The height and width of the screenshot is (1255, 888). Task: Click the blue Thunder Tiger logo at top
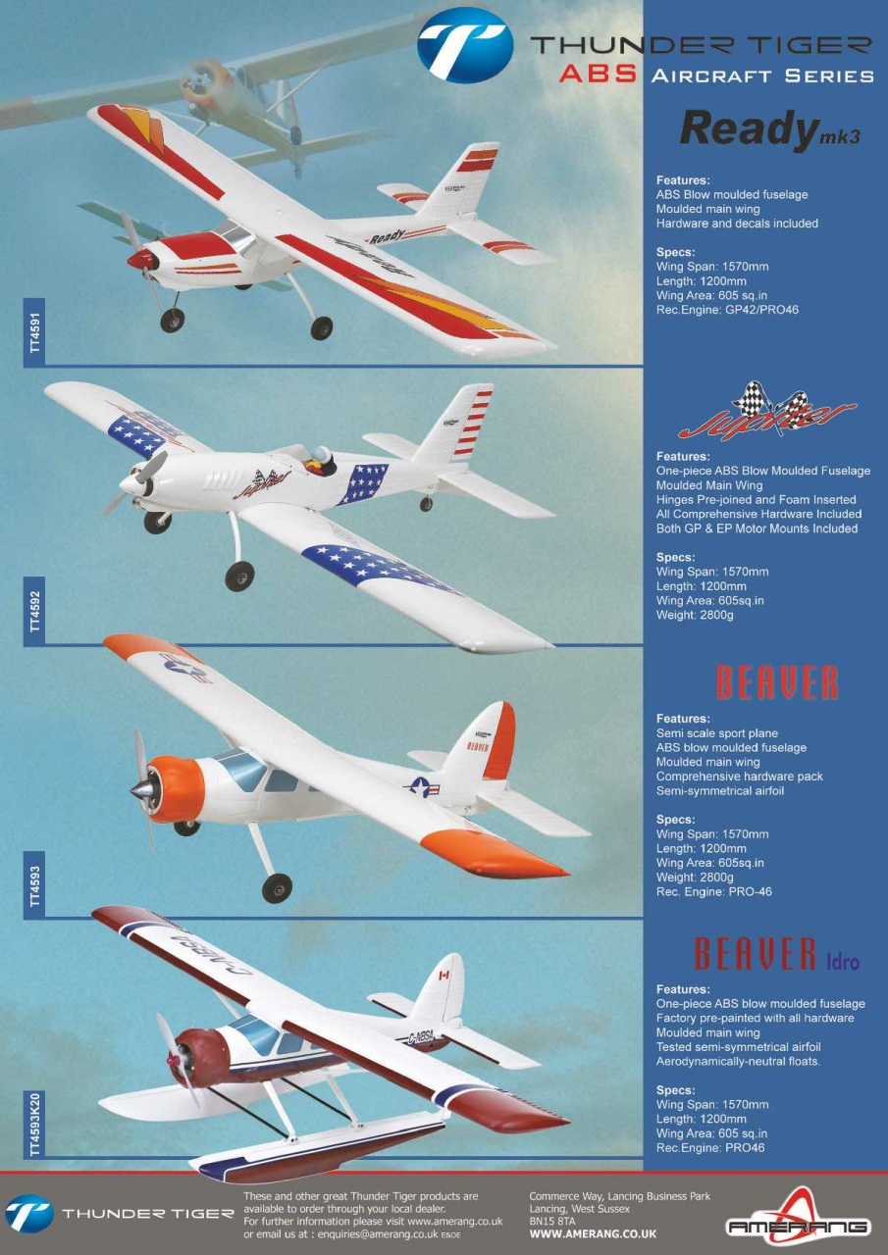465,49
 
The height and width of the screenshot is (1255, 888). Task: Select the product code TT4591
35,332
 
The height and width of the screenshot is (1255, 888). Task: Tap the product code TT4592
35,611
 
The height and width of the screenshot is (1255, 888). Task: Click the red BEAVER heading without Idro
777,682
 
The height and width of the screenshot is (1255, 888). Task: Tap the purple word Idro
843,962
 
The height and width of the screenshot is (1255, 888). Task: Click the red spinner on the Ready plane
140,259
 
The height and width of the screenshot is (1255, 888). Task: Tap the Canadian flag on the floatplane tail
444,976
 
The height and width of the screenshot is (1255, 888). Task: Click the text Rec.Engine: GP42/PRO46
727,310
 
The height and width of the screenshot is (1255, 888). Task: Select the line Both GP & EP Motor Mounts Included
757,528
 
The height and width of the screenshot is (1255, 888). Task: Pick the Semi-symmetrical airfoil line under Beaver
720,791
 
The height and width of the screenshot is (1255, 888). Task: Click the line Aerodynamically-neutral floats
738,1062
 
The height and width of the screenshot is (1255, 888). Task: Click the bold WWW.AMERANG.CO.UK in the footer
593,1233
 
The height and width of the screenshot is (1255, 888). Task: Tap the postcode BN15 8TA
552,1221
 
